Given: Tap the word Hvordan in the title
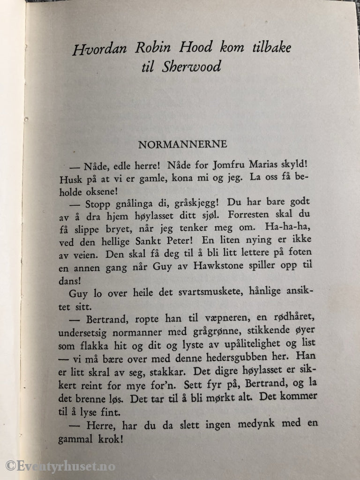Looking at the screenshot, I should click(x=95, y=49).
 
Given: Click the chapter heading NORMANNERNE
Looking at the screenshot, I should click(x=176, y=144).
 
